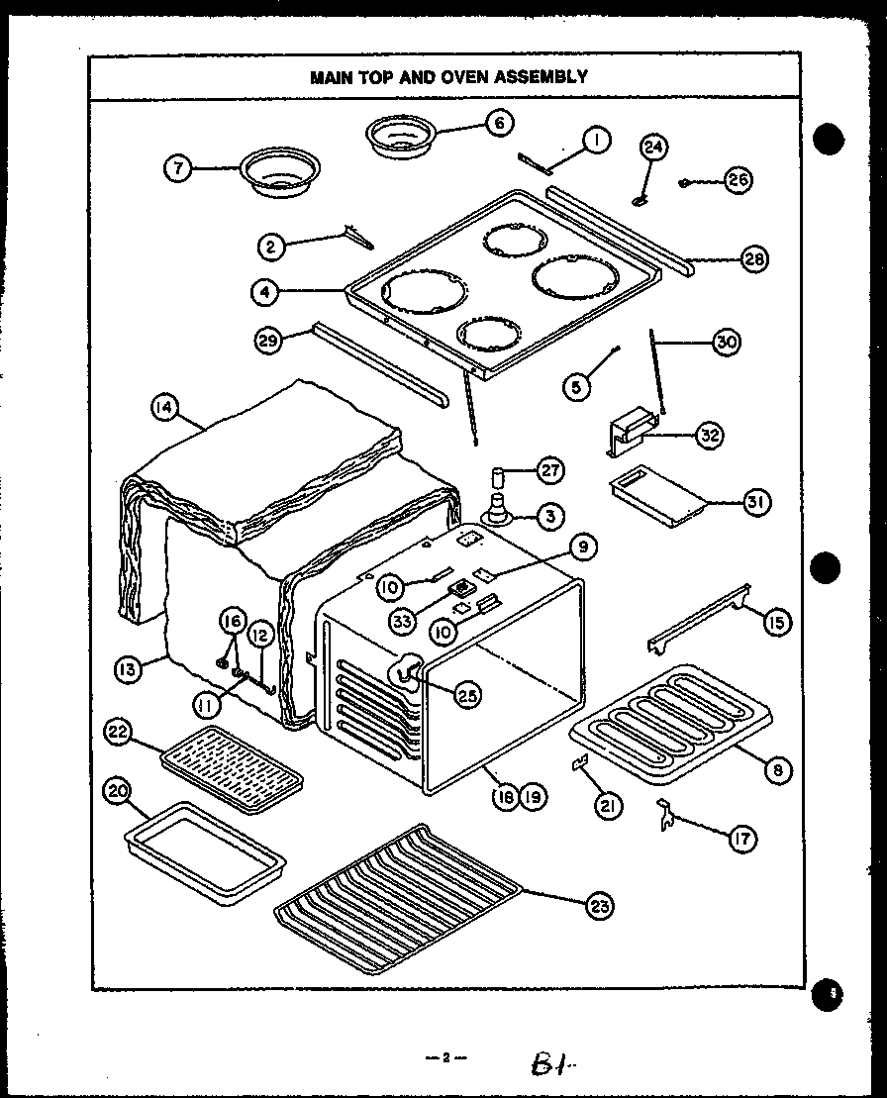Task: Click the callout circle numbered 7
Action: pyautogui.click(x=178, y=169)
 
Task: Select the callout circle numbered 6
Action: pyautogui.click(x=499, y=123)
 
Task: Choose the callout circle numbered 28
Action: pyautogui.click(x=754, y=260)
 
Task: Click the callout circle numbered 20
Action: pyautogui.click(x=118, y=791)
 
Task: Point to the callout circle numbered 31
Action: pyautogui.click(x=756, y=502)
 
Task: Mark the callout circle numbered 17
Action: pyautogui.click(x=741, y=838)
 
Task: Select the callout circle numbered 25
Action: pyautogui.click(x=464, y=694)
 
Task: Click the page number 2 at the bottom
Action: pyautogui.click(x=446, y=1057)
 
